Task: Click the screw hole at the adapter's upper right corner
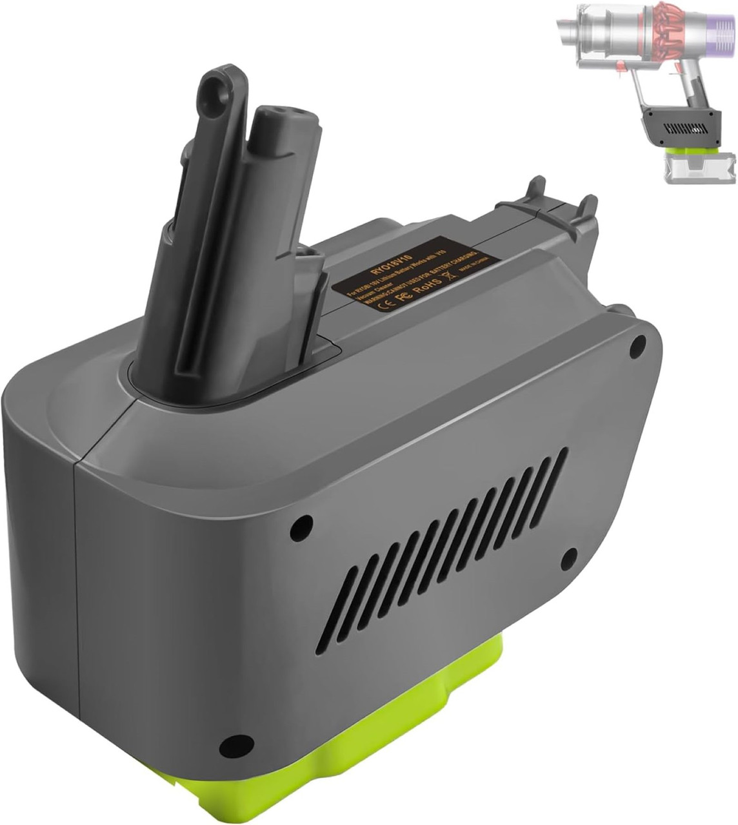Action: [641, 344]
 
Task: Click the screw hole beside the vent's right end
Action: [570, 556]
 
